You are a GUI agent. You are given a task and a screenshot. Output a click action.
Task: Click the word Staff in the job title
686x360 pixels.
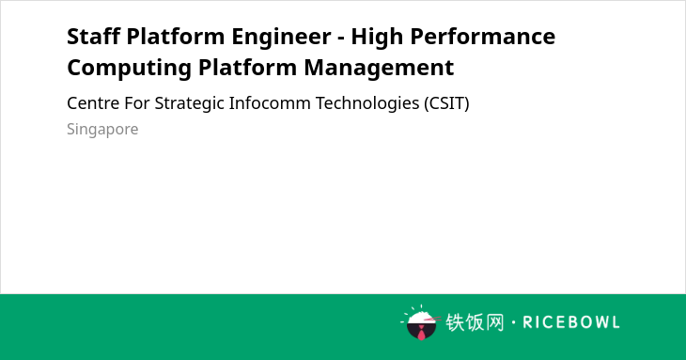pos(94,37)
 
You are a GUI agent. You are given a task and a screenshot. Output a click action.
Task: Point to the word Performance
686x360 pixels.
pos(483,37)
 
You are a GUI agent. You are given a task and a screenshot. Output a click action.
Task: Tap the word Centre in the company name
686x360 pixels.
pos(93,103)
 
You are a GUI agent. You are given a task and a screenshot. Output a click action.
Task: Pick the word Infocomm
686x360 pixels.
pos(270,103)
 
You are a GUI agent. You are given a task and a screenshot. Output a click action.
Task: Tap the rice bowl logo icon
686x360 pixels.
pos(421,322)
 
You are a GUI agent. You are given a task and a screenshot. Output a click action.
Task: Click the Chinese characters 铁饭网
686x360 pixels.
pos(475,322)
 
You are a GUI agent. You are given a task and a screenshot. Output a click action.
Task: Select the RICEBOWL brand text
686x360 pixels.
pos(571,322)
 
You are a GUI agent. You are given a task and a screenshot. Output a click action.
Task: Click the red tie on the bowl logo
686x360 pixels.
pos(421,334)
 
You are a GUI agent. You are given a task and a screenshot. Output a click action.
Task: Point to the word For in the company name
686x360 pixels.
pos(137,103)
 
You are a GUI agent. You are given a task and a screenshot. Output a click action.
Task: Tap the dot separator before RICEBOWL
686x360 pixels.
pos(514,322)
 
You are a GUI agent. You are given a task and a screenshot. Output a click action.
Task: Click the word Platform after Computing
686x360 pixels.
pos(248,68)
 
